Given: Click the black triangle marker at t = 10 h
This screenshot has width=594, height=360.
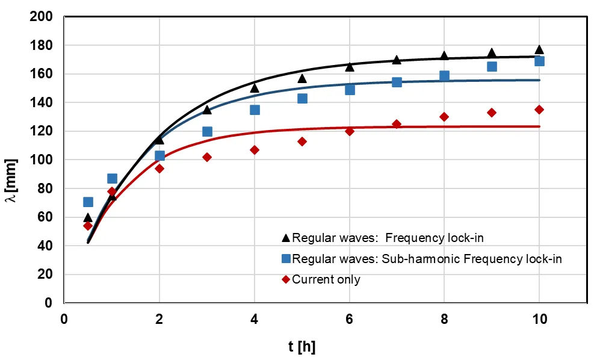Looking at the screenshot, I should point(539,50).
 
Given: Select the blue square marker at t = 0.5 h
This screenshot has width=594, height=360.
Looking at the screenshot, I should point(88,202).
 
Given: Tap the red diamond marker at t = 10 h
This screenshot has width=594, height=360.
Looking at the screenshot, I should point(539,110).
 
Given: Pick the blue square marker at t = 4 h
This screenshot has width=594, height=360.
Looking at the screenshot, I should point(255,110).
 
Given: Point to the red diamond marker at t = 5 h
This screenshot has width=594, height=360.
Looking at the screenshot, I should point(302,141).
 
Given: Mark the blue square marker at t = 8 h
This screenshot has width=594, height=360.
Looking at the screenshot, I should point(444,76).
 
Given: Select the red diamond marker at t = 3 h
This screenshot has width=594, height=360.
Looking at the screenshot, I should point(207,157).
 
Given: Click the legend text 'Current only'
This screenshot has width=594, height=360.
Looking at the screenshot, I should point(326,279).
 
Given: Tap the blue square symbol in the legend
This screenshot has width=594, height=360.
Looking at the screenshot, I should point(286,259).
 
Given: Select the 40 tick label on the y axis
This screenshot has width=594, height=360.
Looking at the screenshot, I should point(45,246).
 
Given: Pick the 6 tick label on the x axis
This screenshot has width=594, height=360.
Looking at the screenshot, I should point(350,319).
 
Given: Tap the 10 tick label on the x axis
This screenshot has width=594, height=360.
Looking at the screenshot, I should point(539,319).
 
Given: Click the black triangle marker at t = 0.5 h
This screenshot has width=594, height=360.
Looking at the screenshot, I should point(88,218).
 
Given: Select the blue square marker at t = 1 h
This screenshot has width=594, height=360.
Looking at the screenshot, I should point(112,178).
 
